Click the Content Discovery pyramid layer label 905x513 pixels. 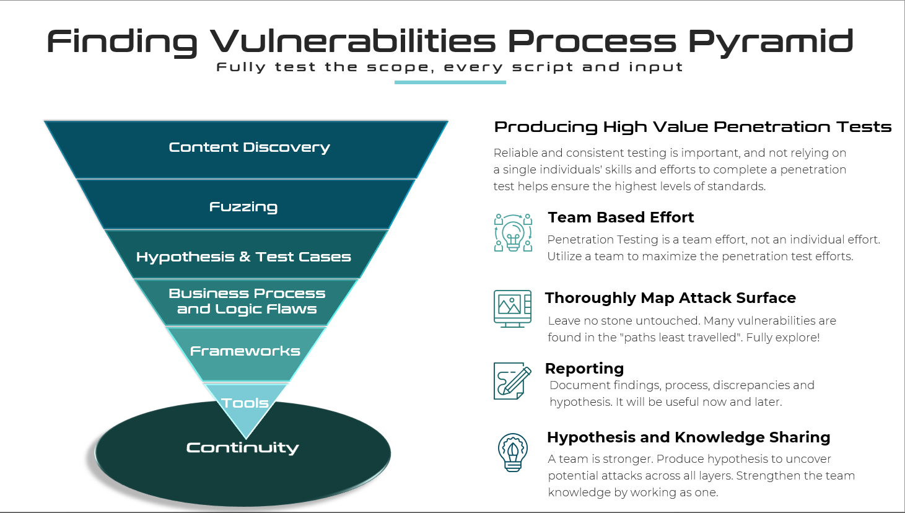tap(249, 147)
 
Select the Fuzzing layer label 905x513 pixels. tap(243, 207)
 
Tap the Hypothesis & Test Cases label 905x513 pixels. tap(243, 257)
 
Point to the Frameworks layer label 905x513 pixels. tap(245, 351)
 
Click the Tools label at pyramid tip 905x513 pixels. tap(245, 403)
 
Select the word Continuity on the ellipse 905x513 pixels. tap(242, 448)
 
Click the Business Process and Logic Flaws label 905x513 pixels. tap(247, 301)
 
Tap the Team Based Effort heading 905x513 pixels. tap(621, 217)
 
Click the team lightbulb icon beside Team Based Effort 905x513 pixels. tap(513, 233)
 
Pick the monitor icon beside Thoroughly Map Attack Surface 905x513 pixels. tap(512, 309)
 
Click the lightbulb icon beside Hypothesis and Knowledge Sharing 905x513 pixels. tap(513, 452)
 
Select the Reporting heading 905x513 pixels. tap(584, 369)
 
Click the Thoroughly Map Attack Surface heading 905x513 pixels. tap(670, 298)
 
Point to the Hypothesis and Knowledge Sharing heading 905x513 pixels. tap(688, 437)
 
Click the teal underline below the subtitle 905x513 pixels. tap(450, 82)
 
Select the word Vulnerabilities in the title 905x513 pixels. tap(352, 41)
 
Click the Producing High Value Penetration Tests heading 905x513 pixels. tap(693, 127)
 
